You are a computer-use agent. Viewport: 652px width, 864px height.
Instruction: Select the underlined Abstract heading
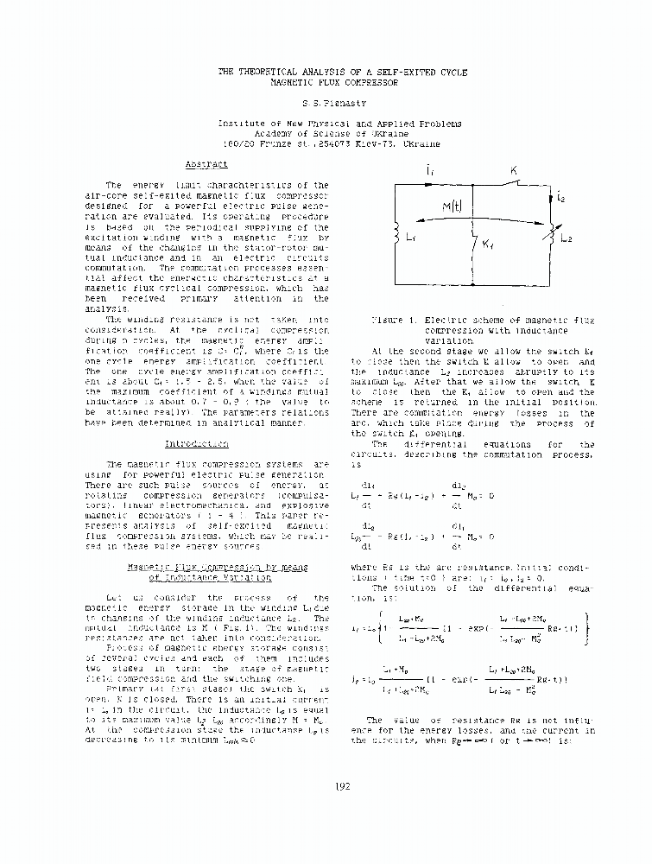pos(206,163)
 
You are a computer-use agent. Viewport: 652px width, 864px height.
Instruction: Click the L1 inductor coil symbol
pos(396,234)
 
